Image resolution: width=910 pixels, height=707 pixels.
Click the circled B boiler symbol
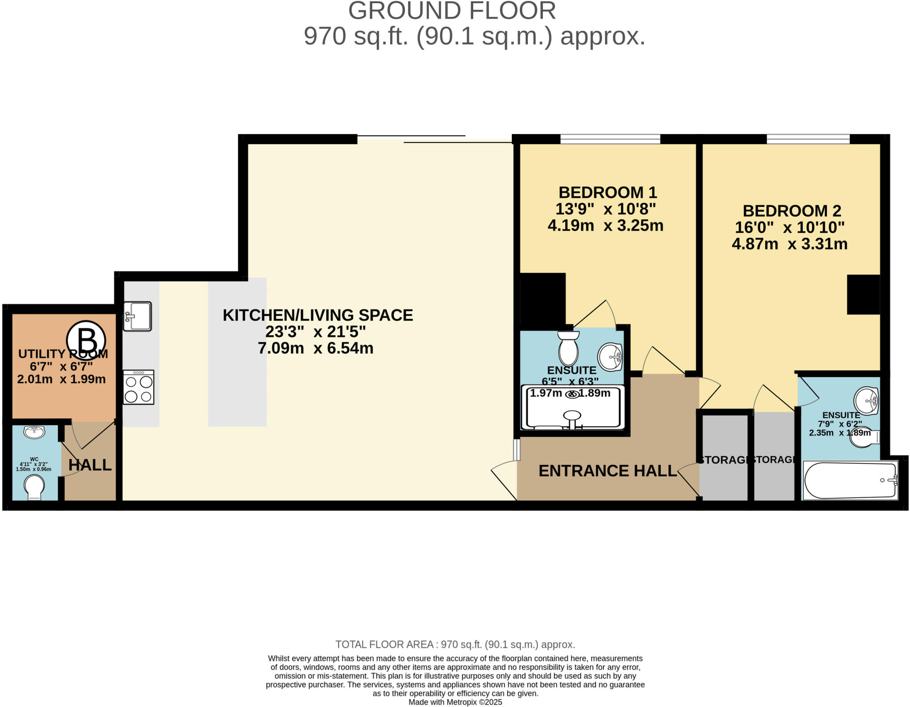(x=86, y=341)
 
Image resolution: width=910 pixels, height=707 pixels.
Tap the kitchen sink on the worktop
(x=137, y=316)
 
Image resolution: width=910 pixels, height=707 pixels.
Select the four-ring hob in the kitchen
(x=139, y=387)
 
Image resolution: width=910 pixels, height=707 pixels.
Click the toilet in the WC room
(x=34, y=487)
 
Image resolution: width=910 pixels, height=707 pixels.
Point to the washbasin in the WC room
(x=34, y=432)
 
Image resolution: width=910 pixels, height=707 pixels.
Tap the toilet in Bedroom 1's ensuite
(x=568, y=349)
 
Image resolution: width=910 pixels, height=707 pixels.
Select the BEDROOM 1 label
(x=607, y=192)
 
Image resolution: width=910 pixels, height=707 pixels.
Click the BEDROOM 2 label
(x=792, y=211)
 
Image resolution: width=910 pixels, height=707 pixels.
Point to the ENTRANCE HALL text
(x=607, y=471)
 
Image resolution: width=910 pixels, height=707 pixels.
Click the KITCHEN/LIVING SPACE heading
(x=318, y=315)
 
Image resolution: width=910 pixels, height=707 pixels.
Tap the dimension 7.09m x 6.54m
(x=315, y=348)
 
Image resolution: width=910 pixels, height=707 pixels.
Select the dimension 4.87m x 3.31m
(x=790, y=244)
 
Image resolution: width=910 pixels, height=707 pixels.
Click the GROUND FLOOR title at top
(x=452, y=11)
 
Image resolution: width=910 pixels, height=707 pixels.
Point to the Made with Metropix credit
(x=455, y=702)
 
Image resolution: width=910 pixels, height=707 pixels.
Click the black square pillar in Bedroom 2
(x=863, y=294)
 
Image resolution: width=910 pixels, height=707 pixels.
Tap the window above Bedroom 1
(x=610, y=139)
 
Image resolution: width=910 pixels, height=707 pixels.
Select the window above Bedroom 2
(x=808, y=139)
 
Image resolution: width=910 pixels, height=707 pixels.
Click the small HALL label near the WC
(x=90, y=465)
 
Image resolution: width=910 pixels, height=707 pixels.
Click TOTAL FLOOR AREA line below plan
(x=455, y=644)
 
